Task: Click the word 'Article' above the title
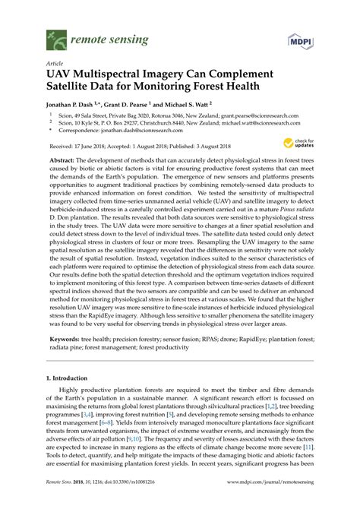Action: pyautogui.click(x=55, y=63)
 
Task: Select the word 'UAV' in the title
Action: pyautogui.click(x=62, y=75)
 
